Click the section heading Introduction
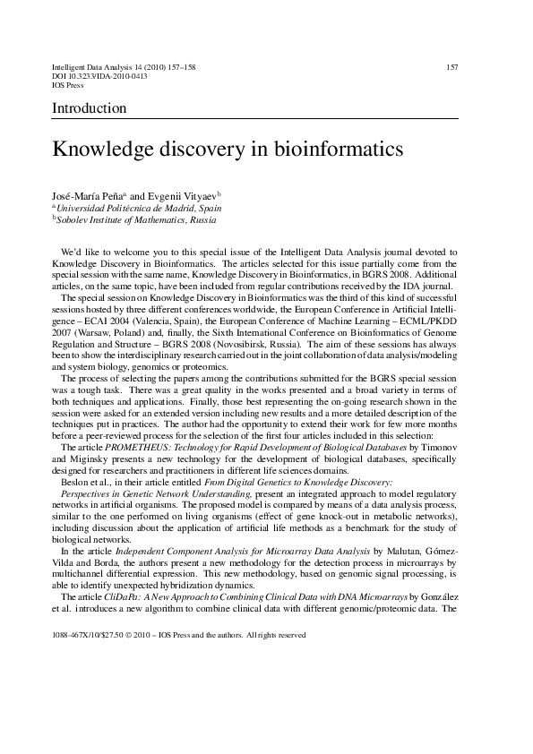coord(89,108)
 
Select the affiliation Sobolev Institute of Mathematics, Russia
coord(136,218)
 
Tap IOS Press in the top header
coord(68,86)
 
